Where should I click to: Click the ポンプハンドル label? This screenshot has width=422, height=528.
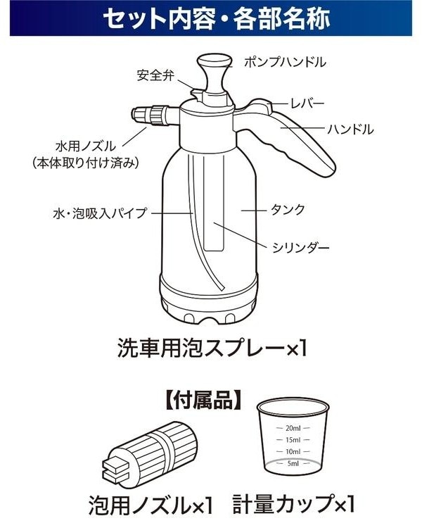(285, 62)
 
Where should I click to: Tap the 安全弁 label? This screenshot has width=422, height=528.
(155, 75)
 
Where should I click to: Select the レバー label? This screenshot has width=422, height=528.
(307, 103)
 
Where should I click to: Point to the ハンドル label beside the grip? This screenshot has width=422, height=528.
(350, 129)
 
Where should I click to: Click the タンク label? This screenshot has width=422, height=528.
(288, 210)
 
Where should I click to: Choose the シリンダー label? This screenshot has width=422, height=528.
(300, 249)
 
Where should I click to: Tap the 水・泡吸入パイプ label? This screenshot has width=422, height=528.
(100, 213)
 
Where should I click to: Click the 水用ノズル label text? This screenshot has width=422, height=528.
(86, 146)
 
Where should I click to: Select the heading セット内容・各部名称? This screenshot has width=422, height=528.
(217, 18)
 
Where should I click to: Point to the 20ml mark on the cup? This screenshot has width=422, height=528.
(293, 428)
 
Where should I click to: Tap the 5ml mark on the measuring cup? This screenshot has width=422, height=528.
(293, 464)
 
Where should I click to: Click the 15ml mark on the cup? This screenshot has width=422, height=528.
(293, 440)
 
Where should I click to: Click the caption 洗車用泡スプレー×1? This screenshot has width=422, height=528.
(212, 348)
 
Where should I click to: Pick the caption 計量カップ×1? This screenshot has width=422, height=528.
(293, 507)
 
